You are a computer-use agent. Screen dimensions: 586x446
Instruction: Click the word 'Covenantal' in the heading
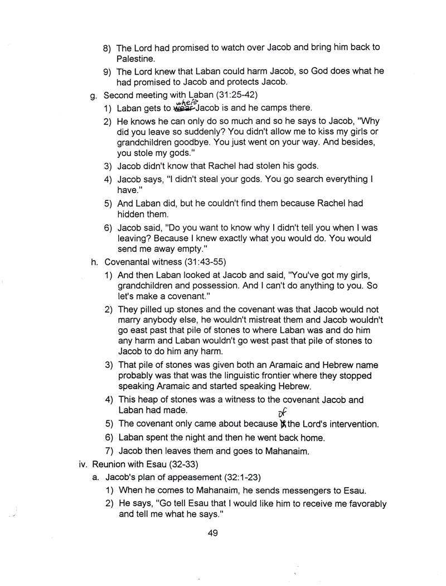tap(127, 262)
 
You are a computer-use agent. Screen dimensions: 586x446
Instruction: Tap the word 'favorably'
tap(365, 503)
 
